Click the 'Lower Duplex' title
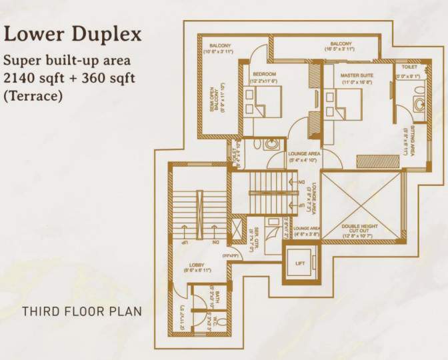click(x=73, y=35)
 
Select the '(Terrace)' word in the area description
click(x=33, y=96)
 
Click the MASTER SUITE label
click(x=357, y=76)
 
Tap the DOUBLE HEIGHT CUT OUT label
click(x=360, y=230)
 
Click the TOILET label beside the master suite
click(x=410, y=67)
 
